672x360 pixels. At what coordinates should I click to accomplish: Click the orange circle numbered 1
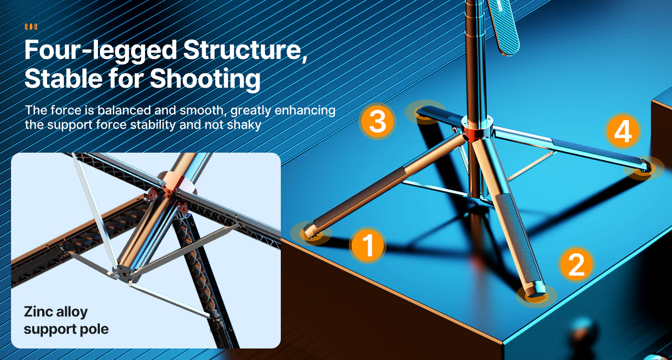tap(368, 245)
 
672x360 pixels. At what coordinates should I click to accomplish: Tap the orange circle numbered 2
tap(576, 264)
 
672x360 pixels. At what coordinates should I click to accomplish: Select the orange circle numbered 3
tap(377, 121)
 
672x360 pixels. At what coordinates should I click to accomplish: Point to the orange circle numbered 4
tap(623, 131)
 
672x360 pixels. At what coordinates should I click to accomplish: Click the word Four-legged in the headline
tap(100, 50)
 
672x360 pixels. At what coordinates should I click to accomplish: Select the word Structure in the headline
tap(243, 49)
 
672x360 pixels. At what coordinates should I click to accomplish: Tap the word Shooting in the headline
tap(205, 79)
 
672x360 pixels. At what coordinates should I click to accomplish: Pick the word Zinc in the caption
tap(37, 312)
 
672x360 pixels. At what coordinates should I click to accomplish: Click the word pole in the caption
tap(94, 330)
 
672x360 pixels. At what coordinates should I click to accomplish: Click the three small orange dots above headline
tap(31, 27)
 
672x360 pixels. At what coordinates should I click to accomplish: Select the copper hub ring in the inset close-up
tap(179, 181)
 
